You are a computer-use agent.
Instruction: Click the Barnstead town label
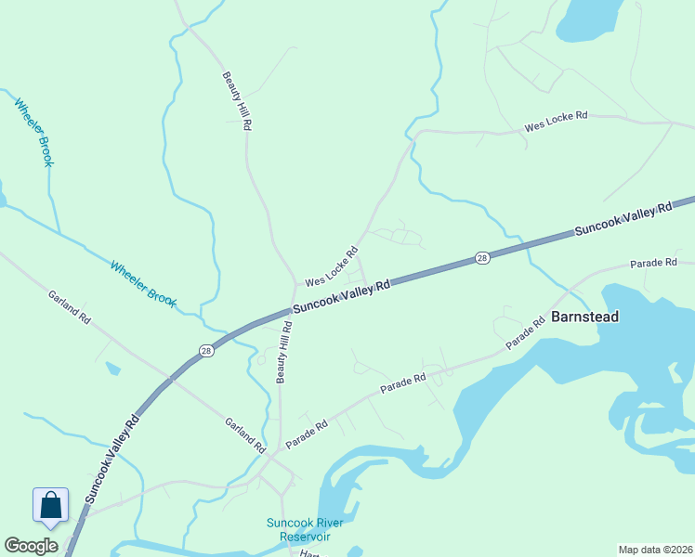click(584, 317)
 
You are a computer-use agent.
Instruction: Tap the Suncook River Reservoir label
click(305, 529)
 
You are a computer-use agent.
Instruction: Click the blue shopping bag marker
click(50, 506)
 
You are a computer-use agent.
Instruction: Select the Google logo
click(31, 547)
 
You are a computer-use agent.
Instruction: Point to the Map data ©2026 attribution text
click(655, 550)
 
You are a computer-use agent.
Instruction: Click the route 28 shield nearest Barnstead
click(481, 257)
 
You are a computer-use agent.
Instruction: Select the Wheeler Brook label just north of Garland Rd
click(143, 283)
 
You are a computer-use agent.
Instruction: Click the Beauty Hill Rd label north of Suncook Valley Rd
click(236, 100)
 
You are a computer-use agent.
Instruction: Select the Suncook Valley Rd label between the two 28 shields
click(341, 297)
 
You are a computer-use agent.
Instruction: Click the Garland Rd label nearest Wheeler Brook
click(71, 307)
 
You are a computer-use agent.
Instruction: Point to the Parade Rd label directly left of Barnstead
click(526, 335)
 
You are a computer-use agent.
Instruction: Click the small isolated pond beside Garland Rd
click(112, 369)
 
